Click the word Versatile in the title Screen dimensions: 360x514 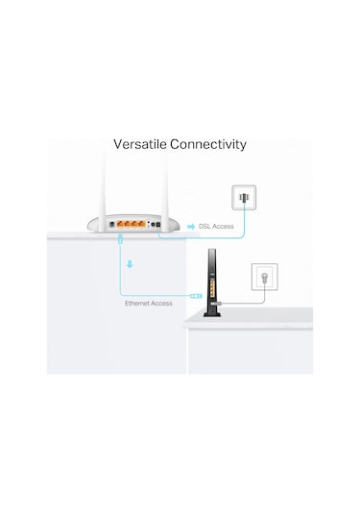pos(139,144)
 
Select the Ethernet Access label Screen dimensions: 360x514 pos(149,303)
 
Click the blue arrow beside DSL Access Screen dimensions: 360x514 pos(193,227)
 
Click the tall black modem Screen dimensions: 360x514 pos(211,279)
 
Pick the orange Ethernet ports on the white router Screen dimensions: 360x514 pos(126,222)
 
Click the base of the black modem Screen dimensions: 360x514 pos(210,309)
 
